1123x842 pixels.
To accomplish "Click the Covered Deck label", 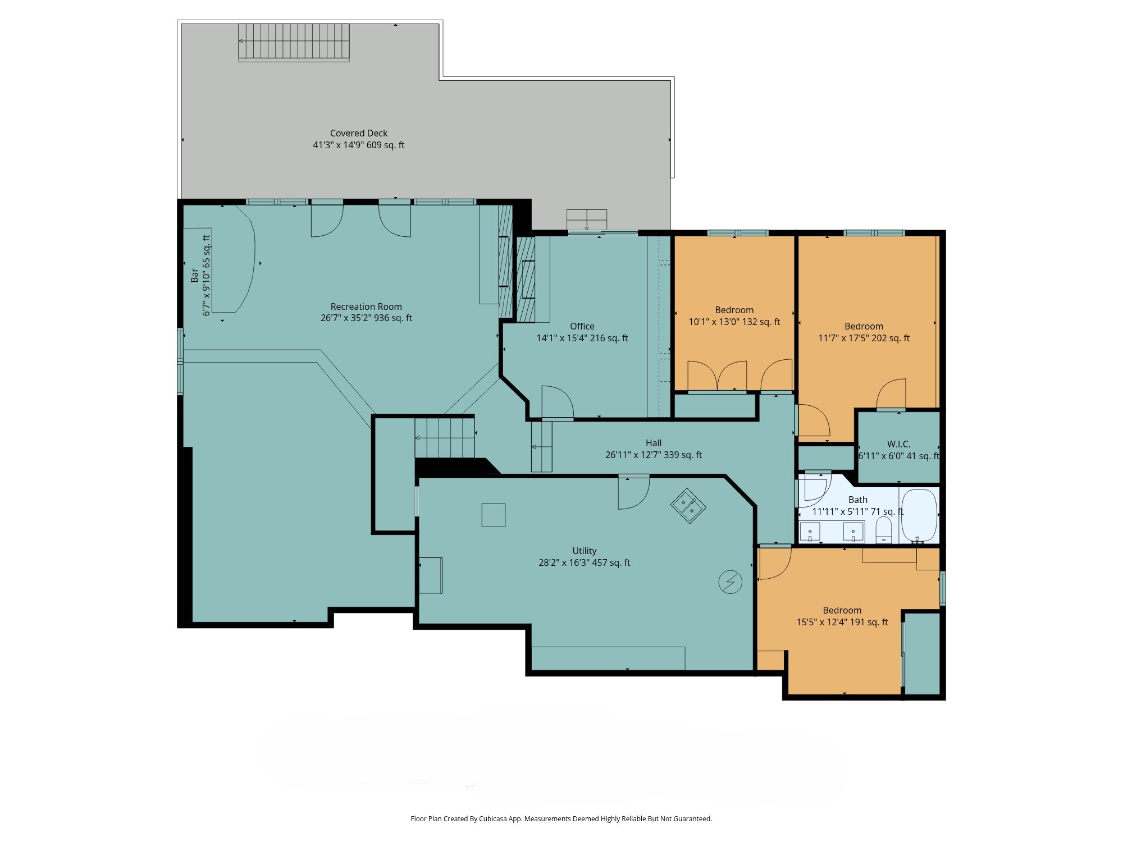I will point(359,134).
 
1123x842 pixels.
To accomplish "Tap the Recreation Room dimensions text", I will point(366,318).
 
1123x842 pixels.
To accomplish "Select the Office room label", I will point(582,326).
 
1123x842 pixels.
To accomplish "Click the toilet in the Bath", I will point(884,530).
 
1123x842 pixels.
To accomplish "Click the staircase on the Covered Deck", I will point(294,42).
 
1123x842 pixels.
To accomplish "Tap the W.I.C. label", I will point(898,444).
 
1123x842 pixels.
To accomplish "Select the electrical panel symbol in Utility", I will point(731,582).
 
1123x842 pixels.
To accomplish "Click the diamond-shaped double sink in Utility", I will point(688,506).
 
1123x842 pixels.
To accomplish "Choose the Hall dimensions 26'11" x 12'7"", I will point(654,455).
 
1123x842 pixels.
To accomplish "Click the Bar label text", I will point(194,275).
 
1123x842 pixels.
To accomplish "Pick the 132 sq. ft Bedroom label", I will point(734,310).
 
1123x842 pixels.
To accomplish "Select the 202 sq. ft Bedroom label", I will point(864,327).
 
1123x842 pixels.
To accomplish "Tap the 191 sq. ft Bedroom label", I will point(842,611).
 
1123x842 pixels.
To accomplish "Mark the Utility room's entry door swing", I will point(633,492).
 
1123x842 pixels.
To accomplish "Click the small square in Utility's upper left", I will point(494,515).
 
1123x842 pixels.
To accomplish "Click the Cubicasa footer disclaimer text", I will point(561,819).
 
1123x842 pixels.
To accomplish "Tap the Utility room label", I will point(584,551).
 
